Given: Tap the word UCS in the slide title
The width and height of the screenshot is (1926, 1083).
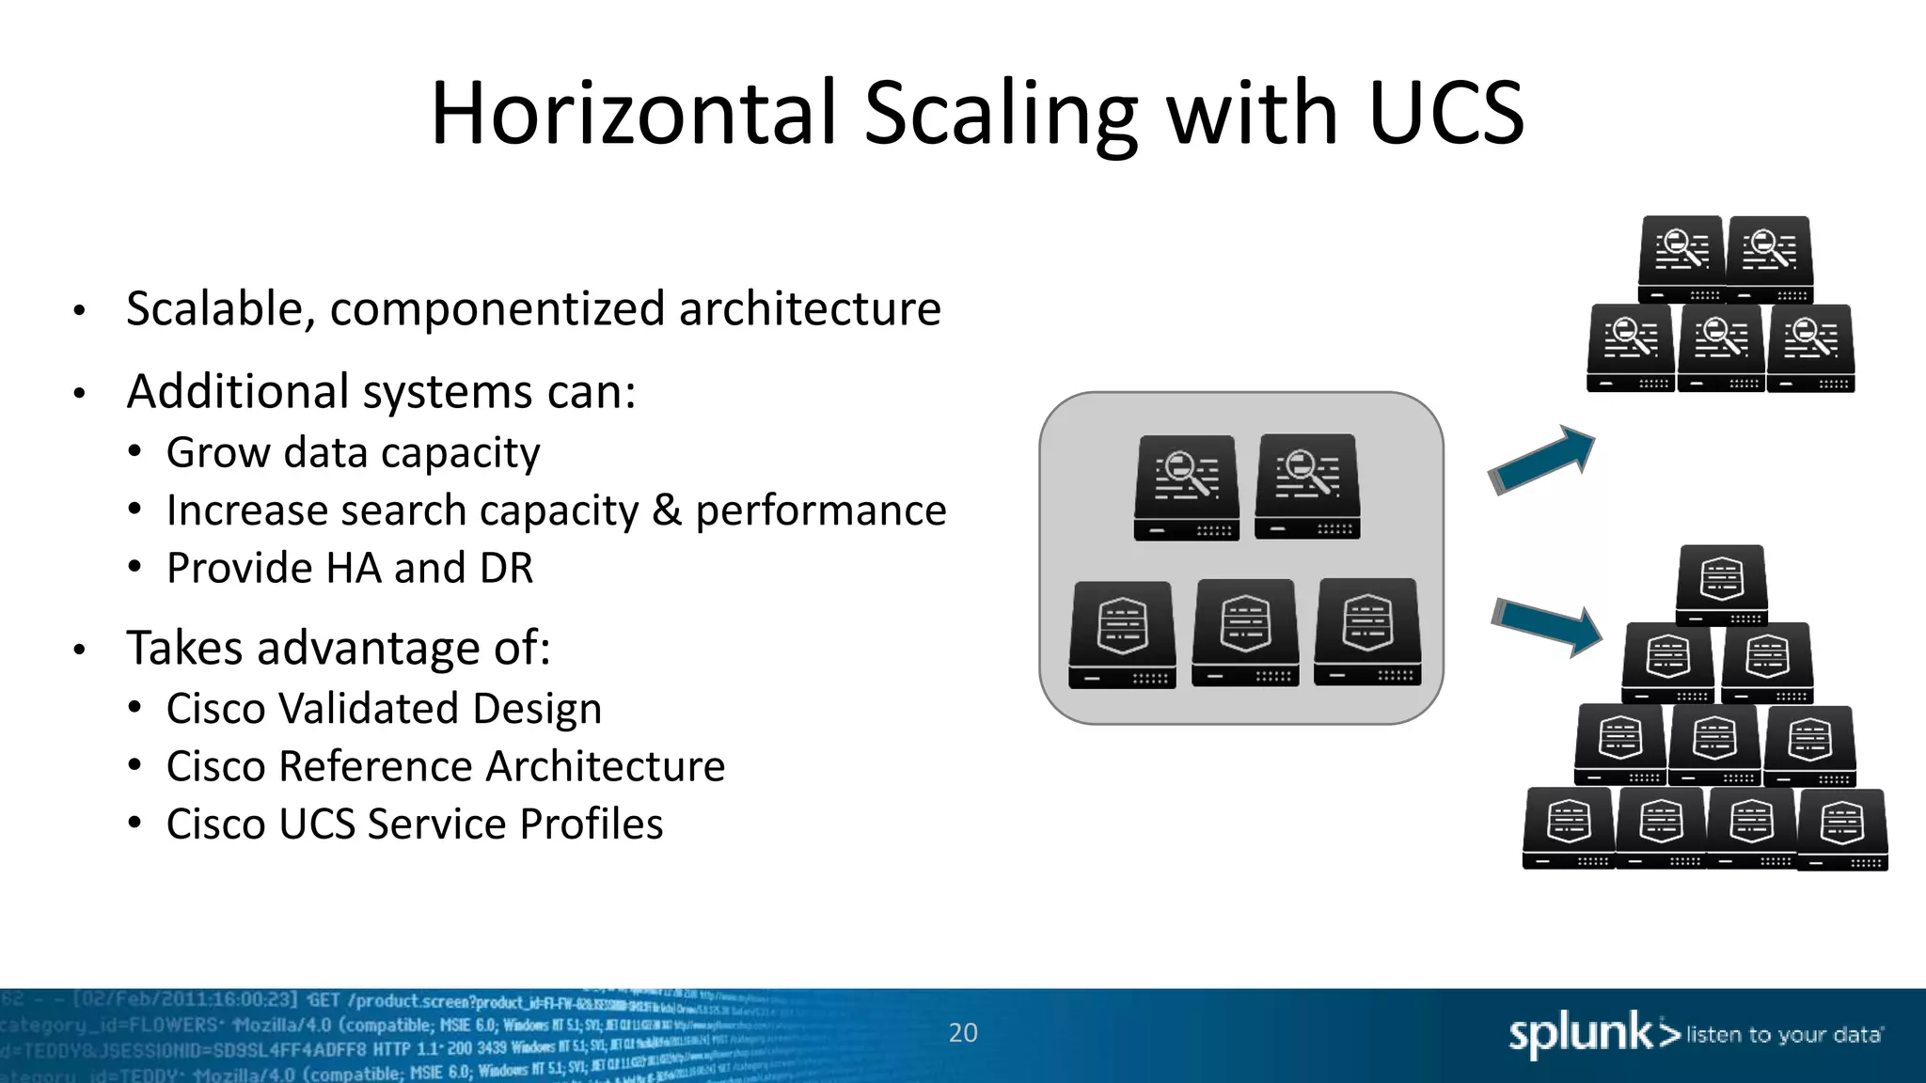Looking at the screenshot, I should [1445, 114].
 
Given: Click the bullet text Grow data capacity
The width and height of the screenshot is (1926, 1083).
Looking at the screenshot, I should [353, 453].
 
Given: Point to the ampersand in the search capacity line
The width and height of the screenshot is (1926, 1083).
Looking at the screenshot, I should [666, 510].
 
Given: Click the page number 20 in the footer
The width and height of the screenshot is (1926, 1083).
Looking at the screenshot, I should [963, 1032].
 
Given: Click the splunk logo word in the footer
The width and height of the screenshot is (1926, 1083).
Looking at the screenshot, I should [1580, 1034].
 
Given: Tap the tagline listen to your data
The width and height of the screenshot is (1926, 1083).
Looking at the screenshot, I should [1783, 1035].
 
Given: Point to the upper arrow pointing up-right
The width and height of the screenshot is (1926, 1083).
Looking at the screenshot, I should [1542, 459].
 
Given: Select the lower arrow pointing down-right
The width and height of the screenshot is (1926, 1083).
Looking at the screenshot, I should [1547, 625].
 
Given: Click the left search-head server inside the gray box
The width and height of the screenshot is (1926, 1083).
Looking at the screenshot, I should [1186, 487].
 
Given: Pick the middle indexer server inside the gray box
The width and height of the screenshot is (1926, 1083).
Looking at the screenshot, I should [1245, 633].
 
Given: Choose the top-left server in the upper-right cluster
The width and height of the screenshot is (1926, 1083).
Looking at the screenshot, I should [1681, 259].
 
